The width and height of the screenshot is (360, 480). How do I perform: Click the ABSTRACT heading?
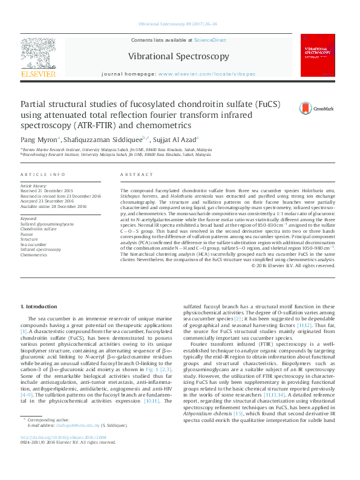[x=133, y=174]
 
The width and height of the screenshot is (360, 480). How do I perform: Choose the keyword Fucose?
[x=28, y=233]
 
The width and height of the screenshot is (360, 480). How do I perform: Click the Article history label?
[x=34, y=186]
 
